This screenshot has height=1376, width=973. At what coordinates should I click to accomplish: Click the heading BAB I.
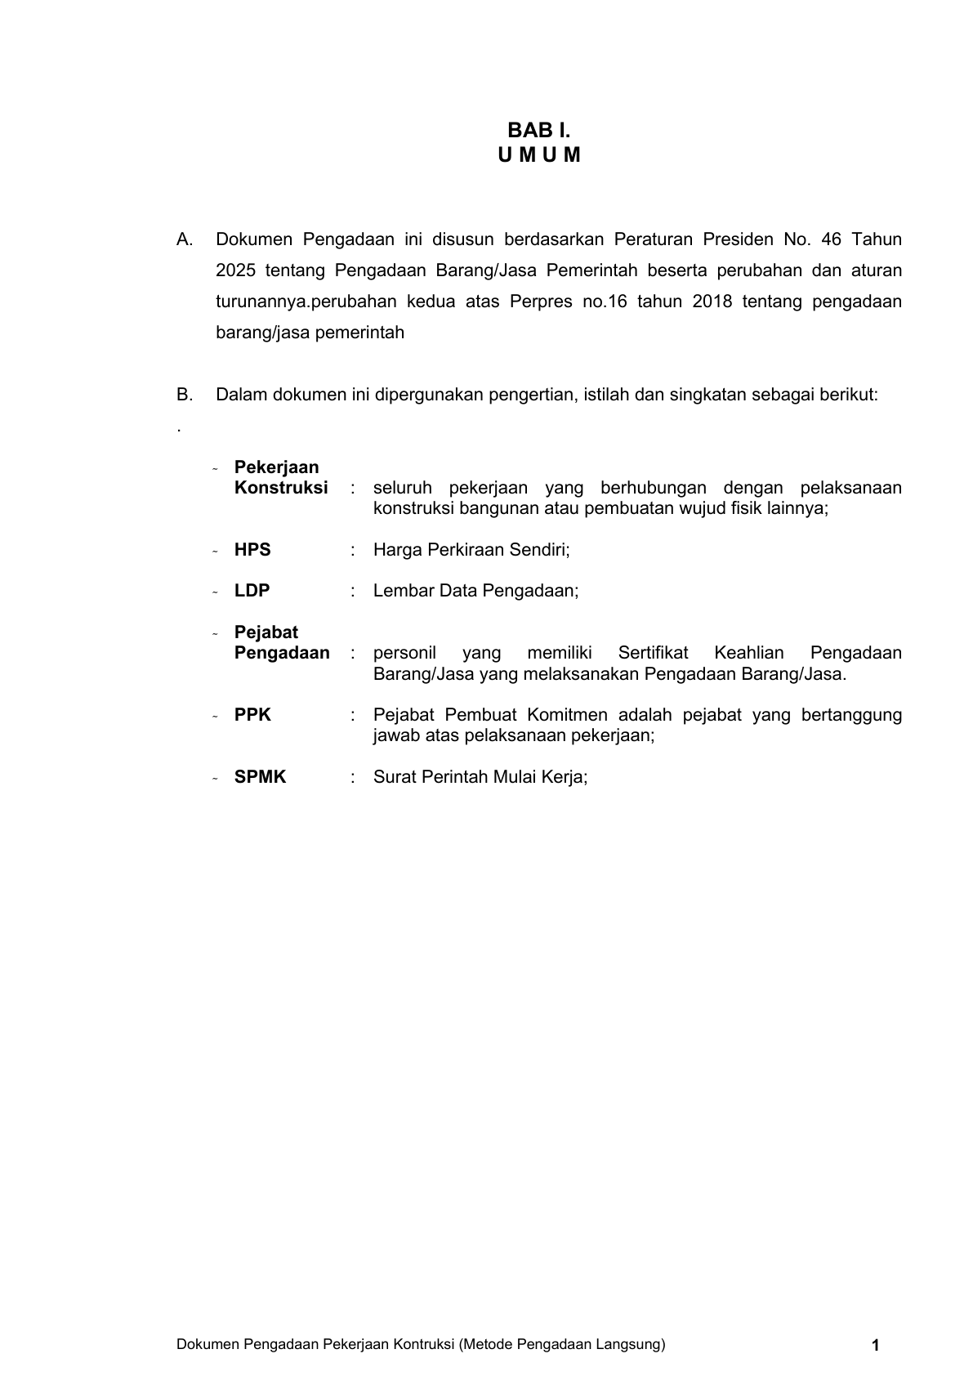click(x=538, y=130)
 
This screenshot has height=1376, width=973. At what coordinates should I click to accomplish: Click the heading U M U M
click(x=538, y=155)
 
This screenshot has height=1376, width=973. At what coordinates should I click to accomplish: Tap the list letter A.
click(x=185, y=239)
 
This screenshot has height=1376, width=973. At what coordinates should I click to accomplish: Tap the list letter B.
click(x=185, y=395)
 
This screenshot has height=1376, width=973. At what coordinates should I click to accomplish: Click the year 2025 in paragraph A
click(x=234, y=270)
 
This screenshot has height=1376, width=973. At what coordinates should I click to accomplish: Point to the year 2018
click(x=712, y=302)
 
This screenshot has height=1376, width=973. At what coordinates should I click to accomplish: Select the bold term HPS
click(x=252, y=550)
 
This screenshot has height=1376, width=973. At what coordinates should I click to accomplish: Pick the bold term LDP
click(x=252, y=591)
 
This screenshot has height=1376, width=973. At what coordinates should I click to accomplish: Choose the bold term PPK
click(x=252, y=715)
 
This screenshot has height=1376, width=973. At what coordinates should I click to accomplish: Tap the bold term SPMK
click(x=260, y=777)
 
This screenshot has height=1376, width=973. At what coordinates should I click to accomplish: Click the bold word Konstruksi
click(x=281, y=488)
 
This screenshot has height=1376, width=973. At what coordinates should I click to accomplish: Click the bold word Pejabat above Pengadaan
click(x=266, y=632)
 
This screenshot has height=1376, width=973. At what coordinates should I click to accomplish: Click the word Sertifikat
click(x=653, y=653)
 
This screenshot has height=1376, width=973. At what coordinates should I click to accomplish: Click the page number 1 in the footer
click(x=876, y=1346)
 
